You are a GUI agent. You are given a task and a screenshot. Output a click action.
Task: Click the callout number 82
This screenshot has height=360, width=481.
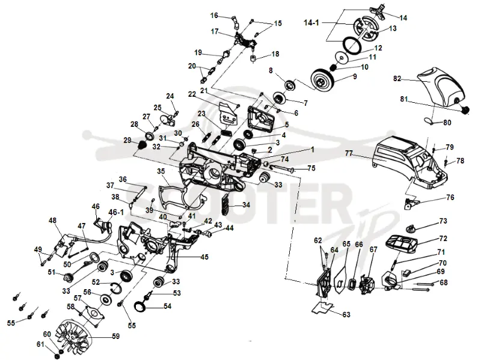point(397,79)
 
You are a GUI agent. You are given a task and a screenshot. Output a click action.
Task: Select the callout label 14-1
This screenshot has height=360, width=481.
point(311,23)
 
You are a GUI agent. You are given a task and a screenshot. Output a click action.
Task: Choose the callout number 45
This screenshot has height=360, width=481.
point(204,257)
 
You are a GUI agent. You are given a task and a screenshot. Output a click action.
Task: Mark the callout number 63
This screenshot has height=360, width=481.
point(346,314)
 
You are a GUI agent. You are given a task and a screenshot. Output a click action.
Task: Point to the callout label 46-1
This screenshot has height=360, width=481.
point(116,212)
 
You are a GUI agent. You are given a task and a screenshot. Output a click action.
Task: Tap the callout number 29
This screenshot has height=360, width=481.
point(127,141)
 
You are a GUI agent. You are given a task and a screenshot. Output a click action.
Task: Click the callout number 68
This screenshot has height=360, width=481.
point(444,282)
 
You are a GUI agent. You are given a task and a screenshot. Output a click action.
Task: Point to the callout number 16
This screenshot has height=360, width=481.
point(214,16)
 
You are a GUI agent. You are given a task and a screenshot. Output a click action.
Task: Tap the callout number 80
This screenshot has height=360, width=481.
point(447,123)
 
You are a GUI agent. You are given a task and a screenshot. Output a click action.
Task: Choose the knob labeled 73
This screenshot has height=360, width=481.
point(410,229)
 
